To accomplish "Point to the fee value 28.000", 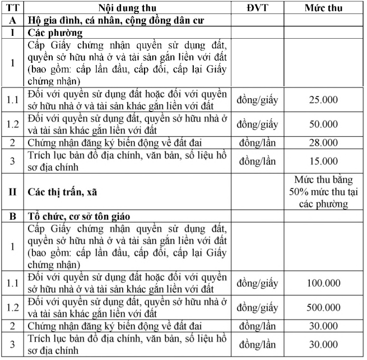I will pos(324,144).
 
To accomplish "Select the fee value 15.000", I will pos(324,161).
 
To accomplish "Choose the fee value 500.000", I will pos(324,307).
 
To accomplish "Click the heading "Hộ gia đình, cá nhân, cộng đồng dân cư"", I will pos(116,20).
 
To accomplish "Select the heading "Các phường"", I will pos(52,33).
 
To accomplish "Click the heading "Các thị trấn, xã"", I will pos(63,192).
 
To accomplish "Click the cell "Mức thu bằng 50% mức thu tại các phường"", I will pos(324,192).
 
